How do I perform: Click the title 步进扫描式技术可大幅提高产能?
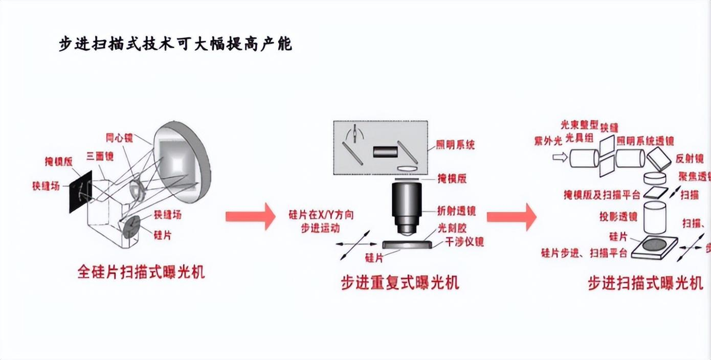pyautogui.click(x=175, y=45)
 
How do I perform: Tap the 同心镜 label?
pyautogui.click(x=119, y=138)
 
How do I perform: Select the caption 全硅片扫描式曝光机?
pyautogui.click(x=141, y=272)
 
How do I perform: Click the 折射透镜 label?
pyautogui.click(x=457, y=211)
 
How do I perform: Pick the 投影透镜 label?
pyautogui.click(x=618, y=216)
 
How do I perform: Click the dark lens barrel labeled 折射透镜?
pyautogui.click(x=407, y=207)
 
